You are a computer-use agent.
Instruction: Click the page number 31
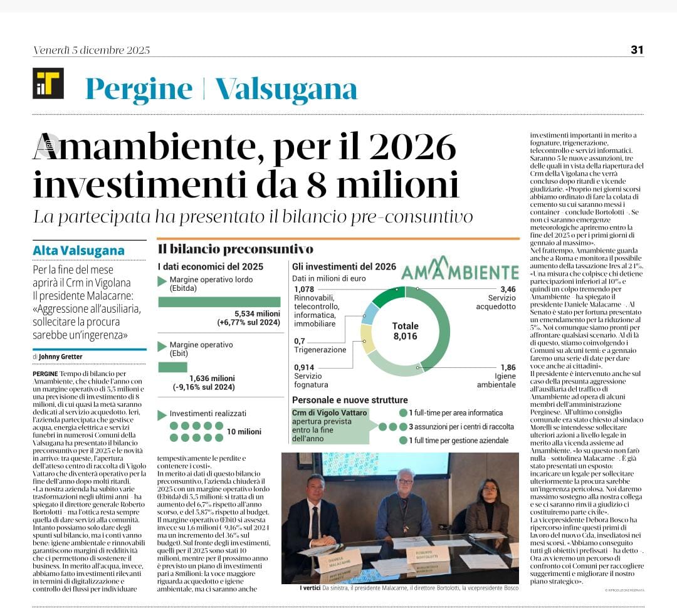[x=637, y=50]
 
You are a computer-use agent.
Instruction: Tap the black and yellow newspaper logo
[x=48, y=83]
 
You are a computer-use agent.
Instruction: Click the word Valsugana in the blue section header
[x=286, y=89]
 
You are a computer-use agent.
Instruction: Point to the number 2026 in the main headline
[x=411, y=148]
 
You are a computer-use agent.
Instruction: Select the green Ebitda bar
[x=219, y=302]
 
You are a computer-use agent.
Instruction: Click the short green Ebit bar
[x=172, y=367]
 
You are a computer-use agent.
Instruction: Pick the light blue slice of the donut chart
[x=370, y=312]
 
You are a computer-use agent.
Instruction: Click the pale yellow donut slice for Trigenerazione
[x=368, y=338]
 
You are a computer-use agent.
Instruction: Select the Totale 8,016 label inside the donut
[x=405, y=331]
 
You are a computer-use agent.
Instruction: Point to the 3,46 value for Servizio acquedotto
[x=508, y=289]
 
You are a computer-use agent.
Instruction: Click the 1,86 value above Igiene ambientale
[x=508, y=367]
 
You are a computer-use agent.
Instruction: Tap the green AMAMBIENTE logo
[x=459, y=271]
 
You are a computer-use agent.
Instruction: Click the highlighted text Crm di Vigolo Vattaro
[x=330, y=412]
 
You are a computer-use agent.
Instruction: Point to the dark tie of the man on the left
[x=315, y=522]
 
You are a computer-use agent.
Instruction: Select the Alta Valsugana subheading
[x=78, y=251]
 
